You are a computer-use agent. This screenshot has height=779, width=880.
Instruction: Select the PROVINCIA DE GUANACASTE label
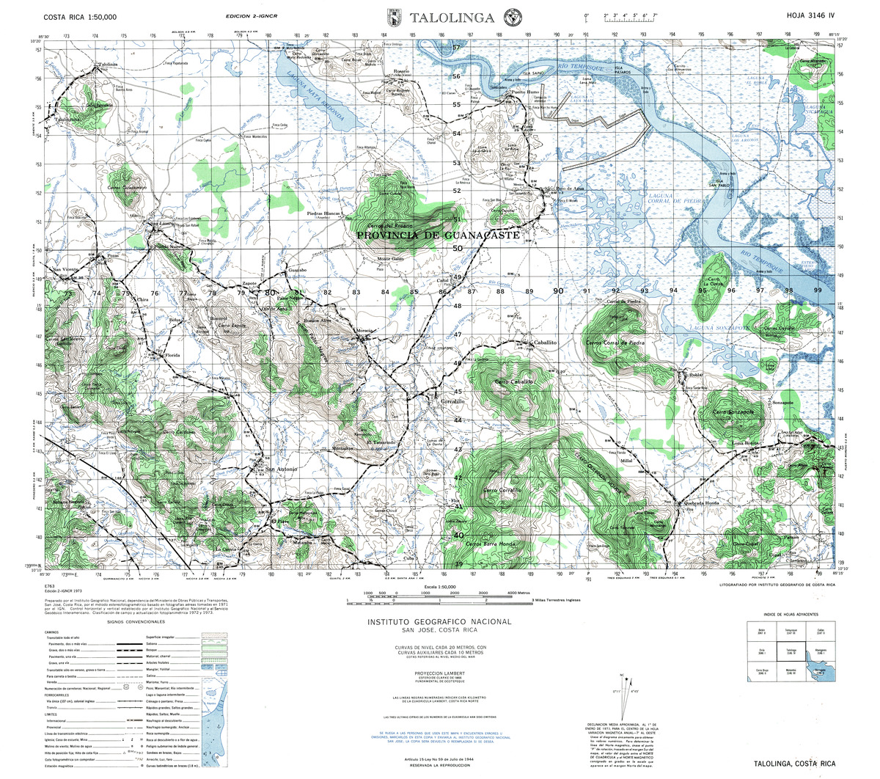[x=438, y=236]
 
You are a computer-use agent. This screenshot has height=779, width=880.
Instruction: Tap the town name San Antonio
[x=281, y=469]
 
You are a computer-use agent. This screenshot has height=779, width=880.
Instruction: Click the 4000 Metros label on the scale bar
[x=518, y=593]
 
